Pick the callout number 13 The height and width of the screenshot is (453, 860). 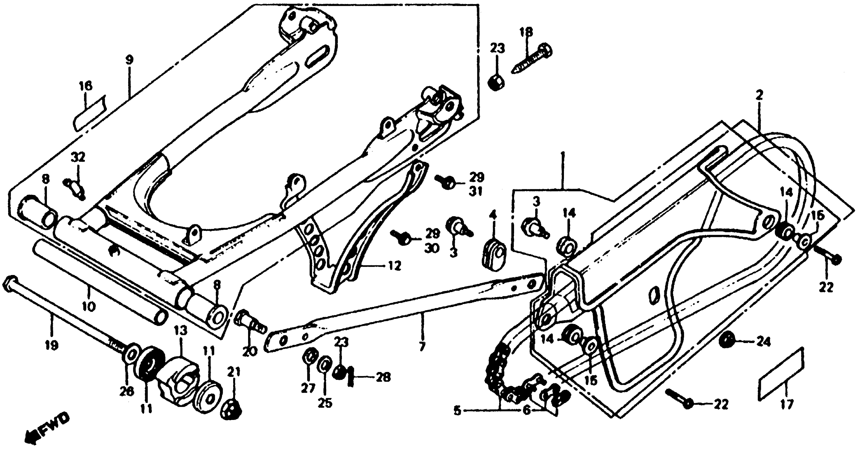coord(181,331)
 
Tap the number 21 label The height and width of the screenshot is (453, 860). coord(234,371)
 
